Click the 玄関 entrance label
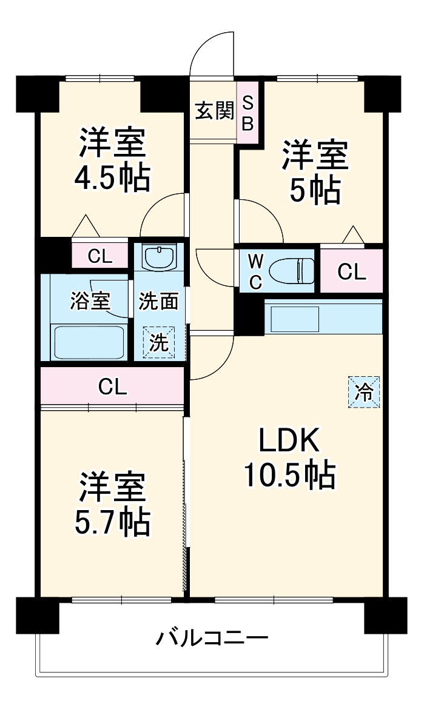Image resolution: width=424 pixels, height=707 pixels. point(214,111)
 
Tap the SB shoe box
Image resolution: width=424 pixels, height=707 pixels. point(248,113)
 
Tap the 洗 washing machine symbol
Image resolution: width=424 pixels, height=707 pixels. point(158,343)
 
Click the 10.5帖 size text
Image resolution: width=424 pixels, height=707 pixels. point(289,476)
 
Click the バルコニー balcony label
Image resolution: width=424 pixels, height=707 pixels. point(212,638)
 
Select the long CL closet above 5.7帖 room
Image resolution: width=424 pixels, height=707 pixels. point(113,386)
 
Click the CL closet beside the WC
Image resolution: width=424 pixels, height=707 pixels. point(352,272)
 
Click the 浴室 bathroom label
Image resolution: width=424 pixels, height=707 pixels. point(90,301)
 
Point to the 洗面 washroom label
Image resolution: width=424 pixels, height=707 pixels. point(158,301)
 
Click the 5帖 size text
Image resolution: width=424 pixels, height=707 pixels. point(314,191)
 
